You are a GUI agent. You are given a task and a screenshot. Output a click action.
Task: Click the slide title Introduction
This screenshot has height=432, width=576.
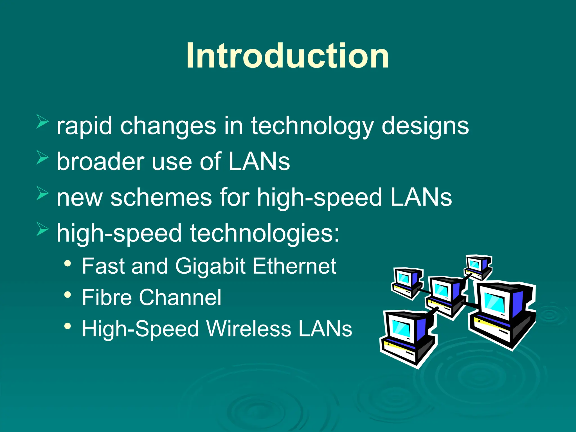(x=287, y=55)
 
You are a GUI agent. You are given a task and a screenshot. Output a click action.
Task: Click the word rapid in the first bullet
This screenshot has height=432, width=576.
(x=84, y=126)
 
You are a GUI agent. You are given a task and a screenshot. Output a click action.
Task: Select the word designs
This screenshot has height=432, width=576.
(x=425, y=126)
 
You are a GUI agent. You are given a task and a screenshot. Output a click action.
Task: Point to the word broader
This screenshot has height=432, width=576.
(x=100, y=161)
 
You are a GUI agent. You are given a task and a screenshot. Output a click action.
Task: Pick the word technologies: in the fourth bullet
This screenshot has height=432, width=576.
(x=265, y=233)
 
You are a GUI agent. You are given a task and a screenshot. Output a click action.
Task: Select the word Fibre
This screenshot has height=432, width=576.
(x=107, y=297)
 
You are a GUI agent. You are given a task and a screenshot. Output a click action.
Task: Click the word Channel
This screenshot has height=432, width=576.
(x=180, y=297)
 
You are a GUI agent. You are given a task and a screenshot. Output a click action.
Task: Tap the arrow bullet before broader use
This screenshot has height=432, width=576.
(x=42, y=157)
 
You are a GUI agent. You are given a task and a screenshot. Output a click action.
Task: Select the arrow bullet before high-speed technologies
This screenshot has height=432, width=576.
(x=42, y=229)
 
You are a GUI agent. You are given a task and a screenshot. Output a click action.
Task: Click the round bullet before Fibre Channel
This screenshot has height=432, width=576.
(x=67, y=295)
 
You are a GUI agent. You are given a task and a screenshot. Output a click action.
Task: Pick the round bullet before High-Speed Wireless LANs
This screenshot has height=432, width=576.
(x=67, y=326)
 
